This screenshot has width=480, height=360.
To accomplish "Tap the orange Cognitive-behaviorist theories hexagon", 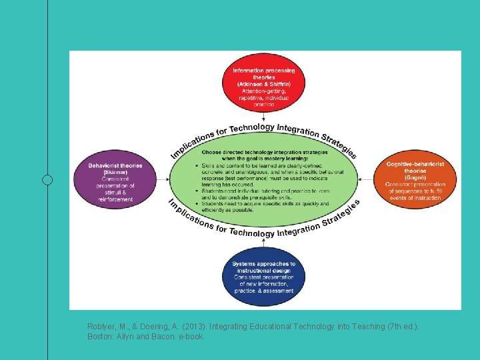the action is [415, 181].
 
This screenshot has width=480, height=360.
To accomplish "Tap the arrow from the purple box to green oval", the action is [161, 180].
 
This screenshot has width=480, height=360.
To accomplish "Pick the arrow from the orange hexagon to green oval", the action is [366, 180].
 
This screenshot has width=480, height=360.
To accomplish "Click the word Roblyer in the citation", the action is [101, 327].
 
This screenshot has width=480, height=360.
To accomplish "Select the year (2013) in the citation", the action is [197, 327].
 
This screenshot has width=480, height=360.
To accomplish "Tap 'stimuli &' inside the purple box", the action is [115, 192].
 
